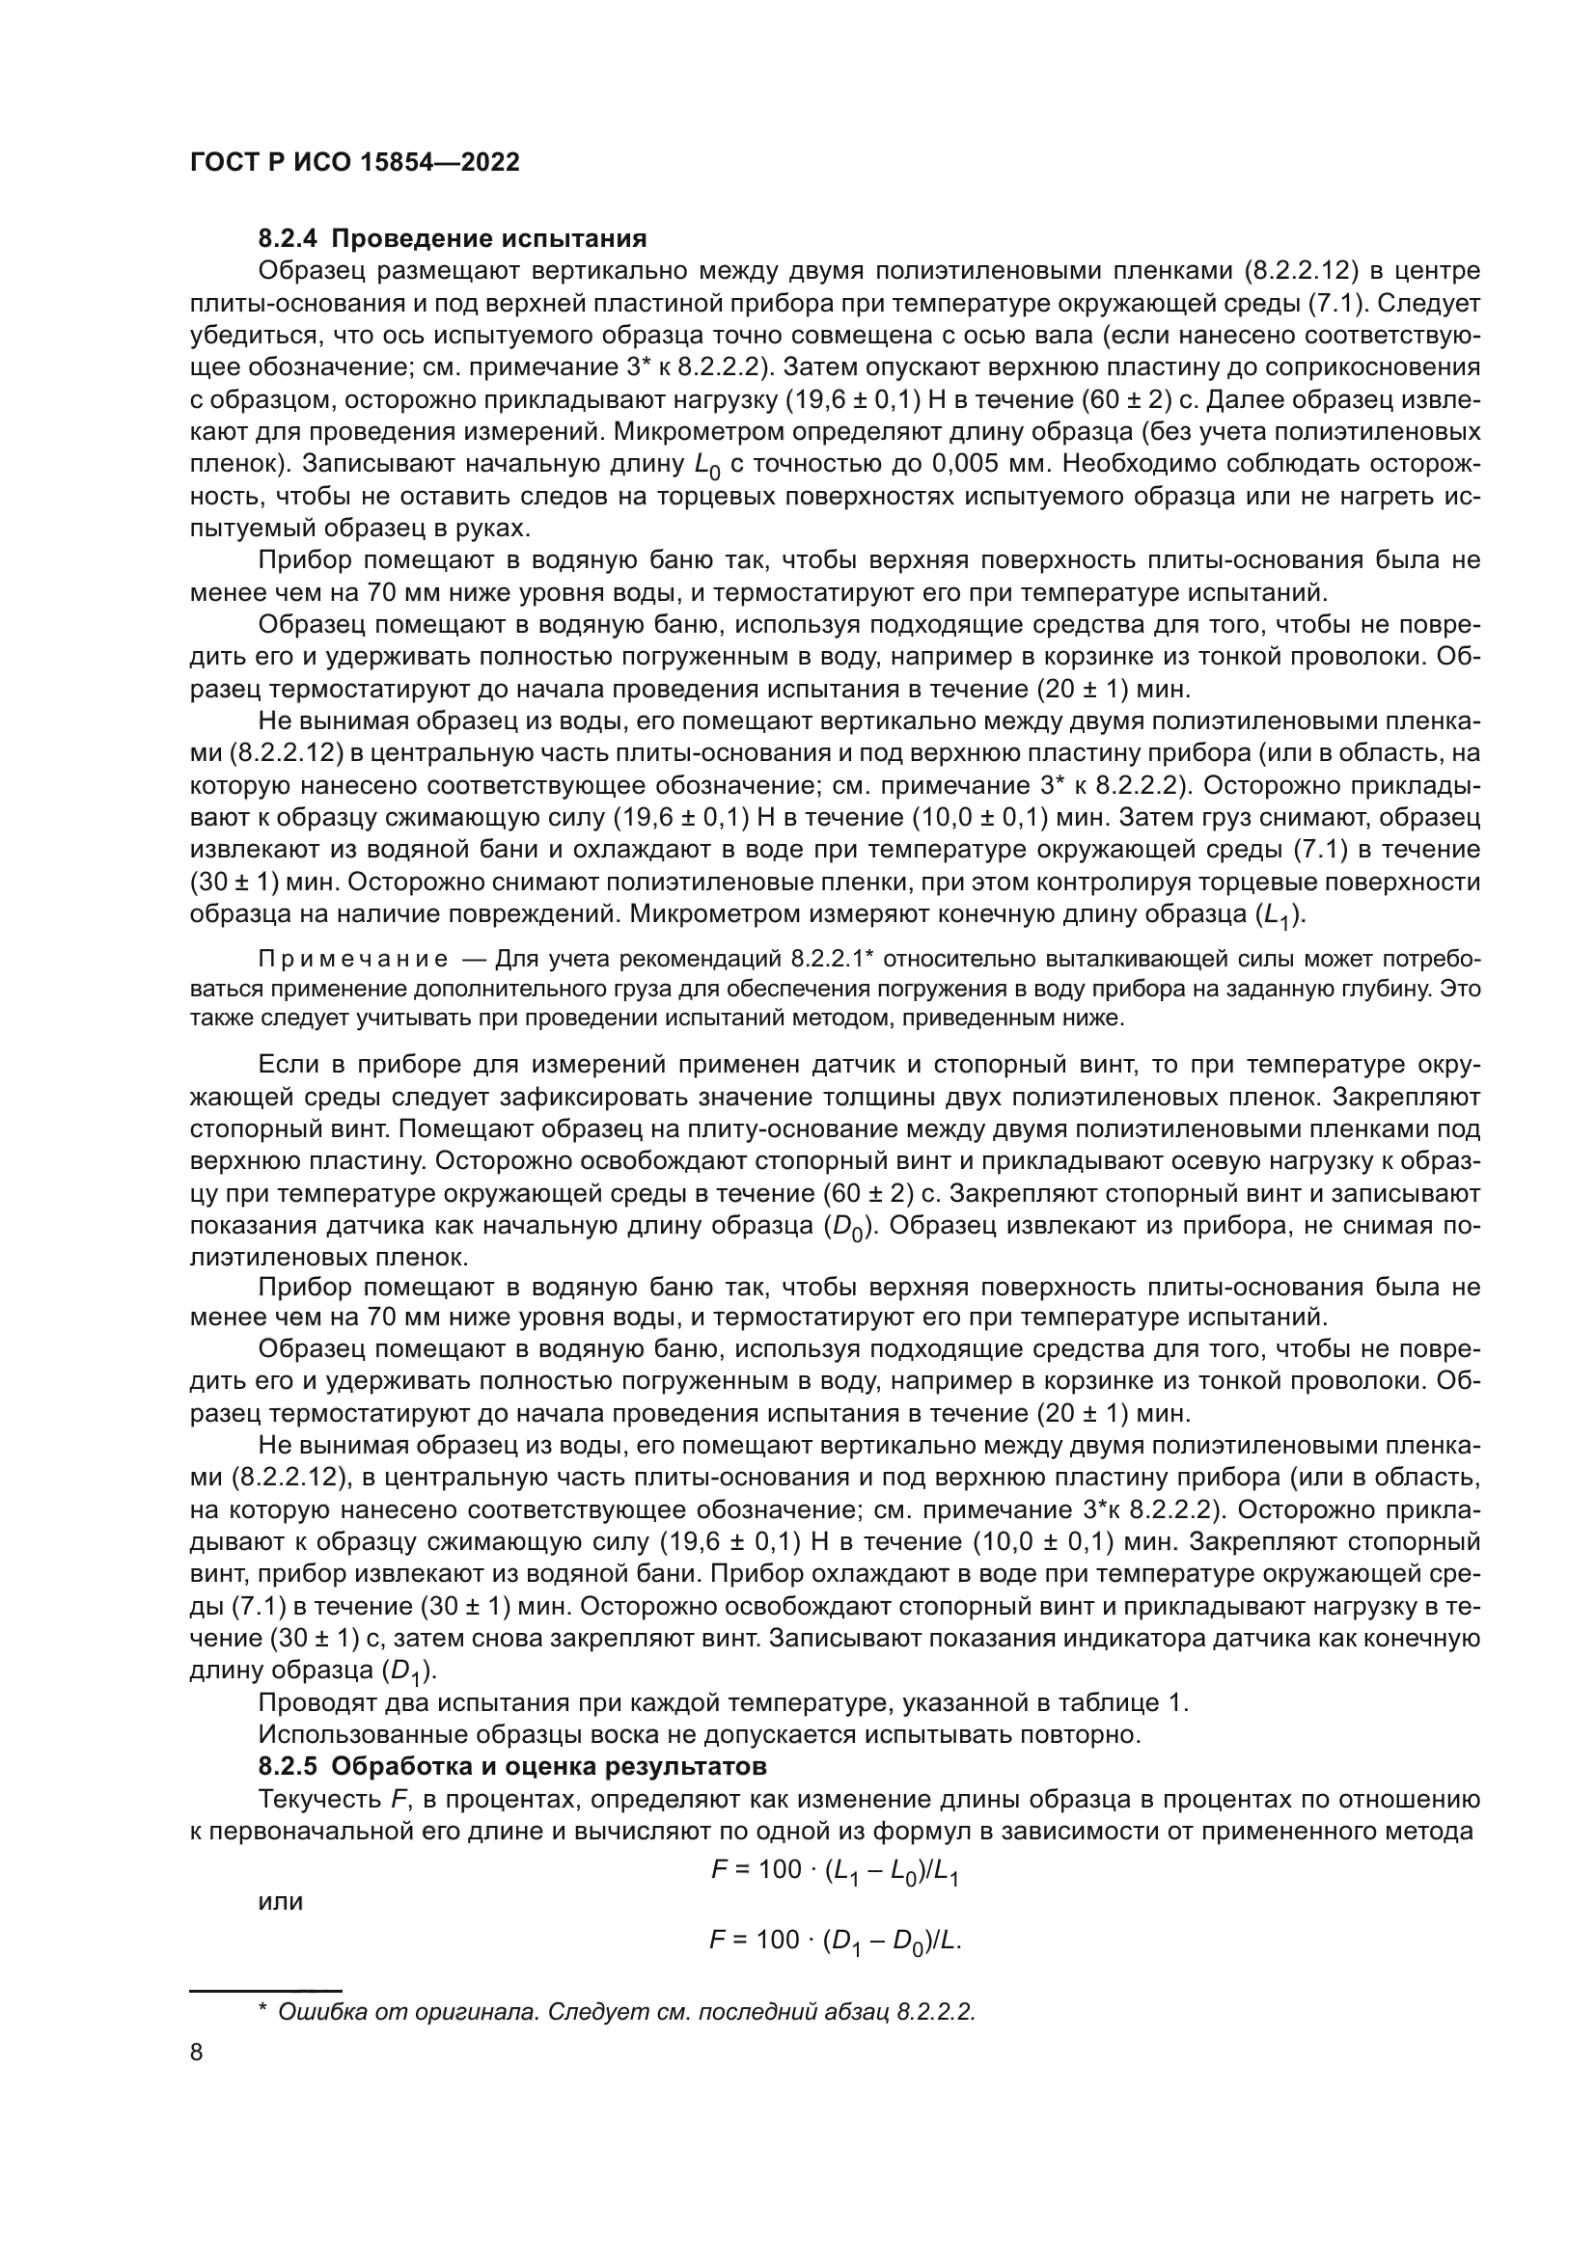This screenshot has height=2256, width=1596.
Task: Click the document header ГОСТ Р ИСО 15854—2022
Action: [x=355, y=163]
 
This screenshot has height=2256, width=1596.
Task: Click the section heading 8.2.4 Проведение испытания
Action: [x=452, y=239]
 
